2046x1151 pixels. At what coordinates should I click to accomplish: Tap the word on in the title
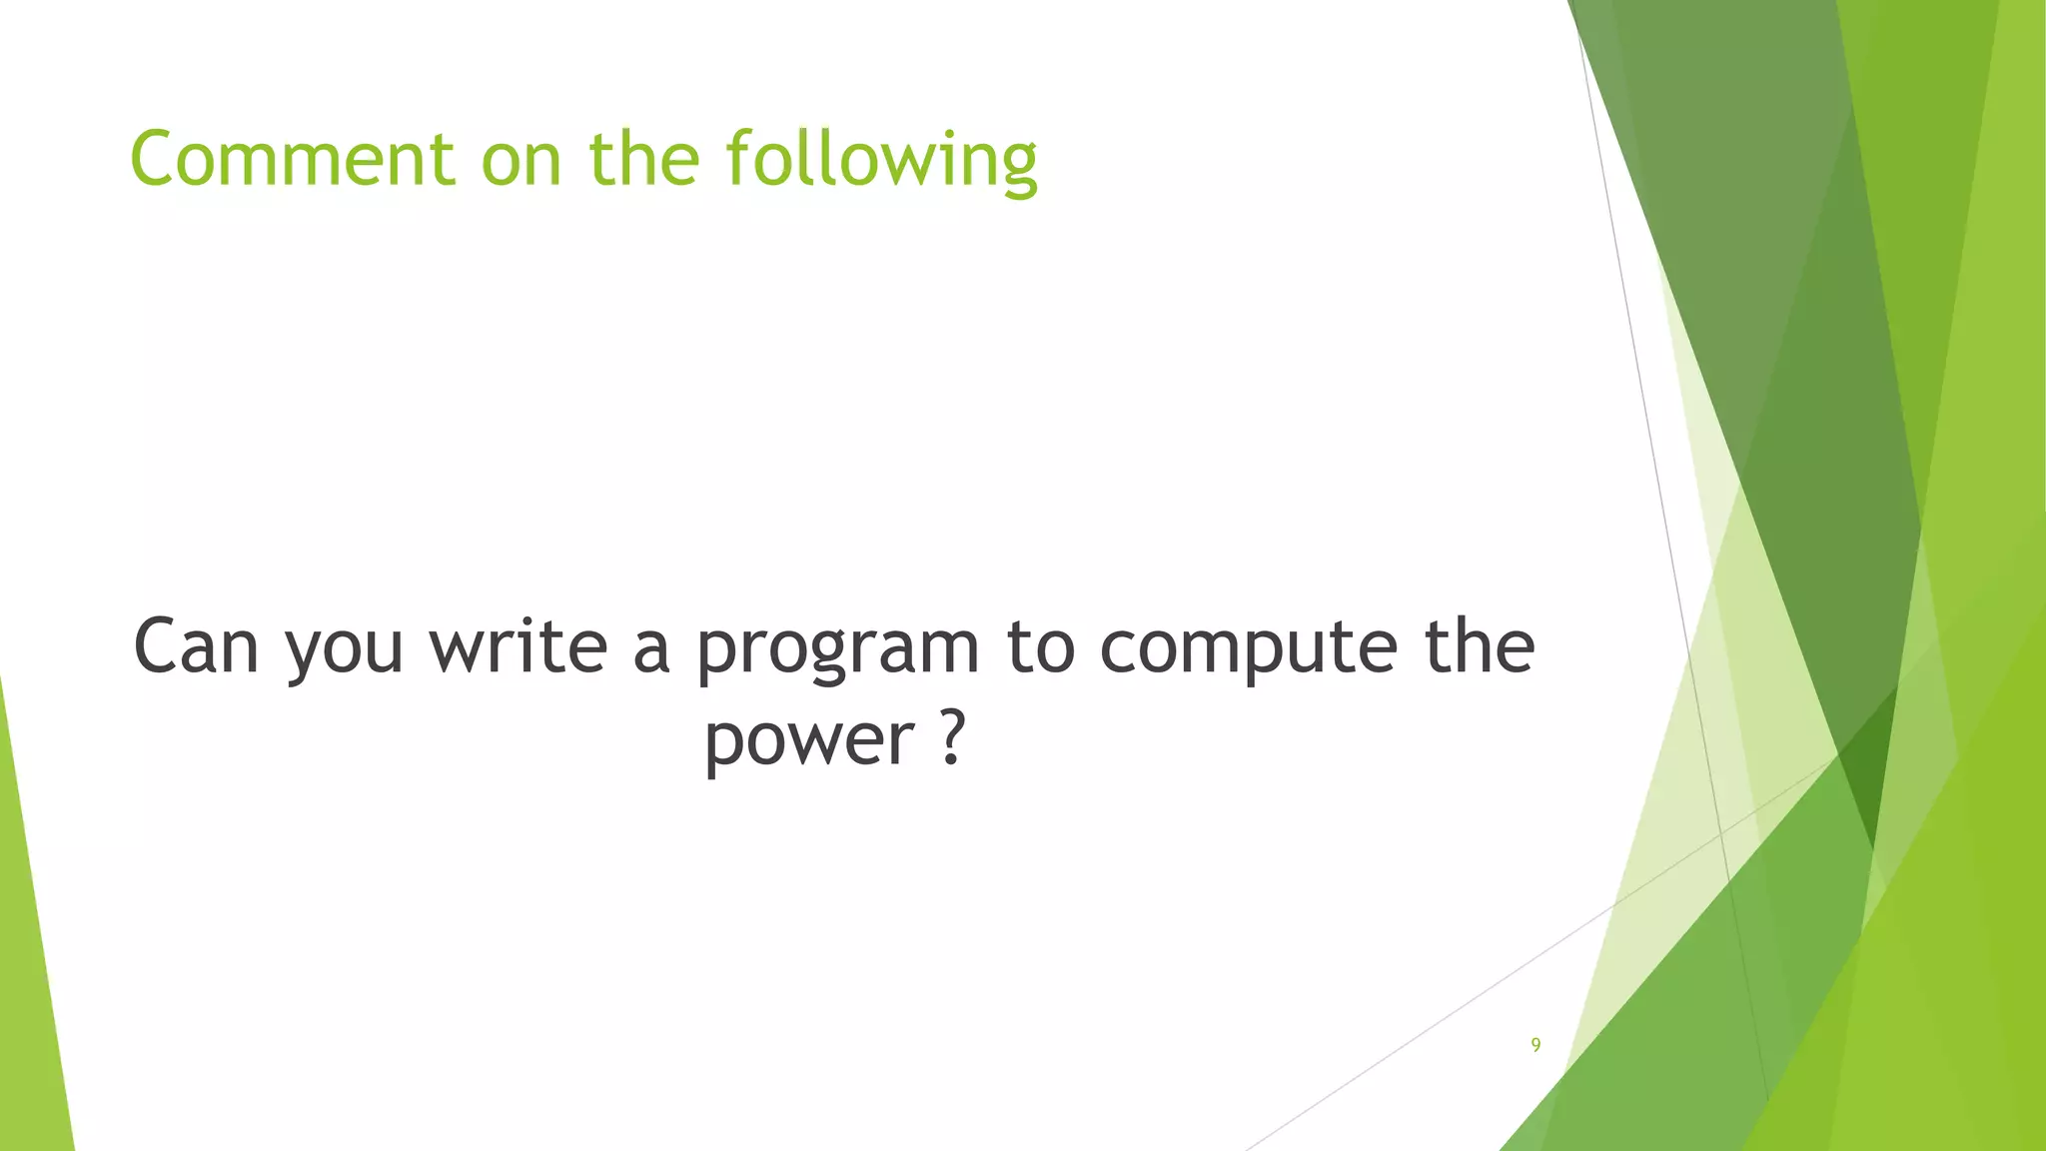(521, 160)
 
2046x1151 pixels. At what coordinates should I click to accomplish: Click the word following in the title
(881, 160)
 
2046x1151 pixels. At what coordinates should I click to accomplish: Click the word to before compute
(1039, 647)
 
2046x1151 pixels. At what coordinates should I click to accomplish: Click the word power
(809, 741)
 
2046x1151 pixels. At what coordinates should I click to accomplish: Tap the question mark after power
(953, 737)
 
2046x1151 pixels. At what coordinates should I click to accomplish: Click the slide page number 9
(1535, 1045)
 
